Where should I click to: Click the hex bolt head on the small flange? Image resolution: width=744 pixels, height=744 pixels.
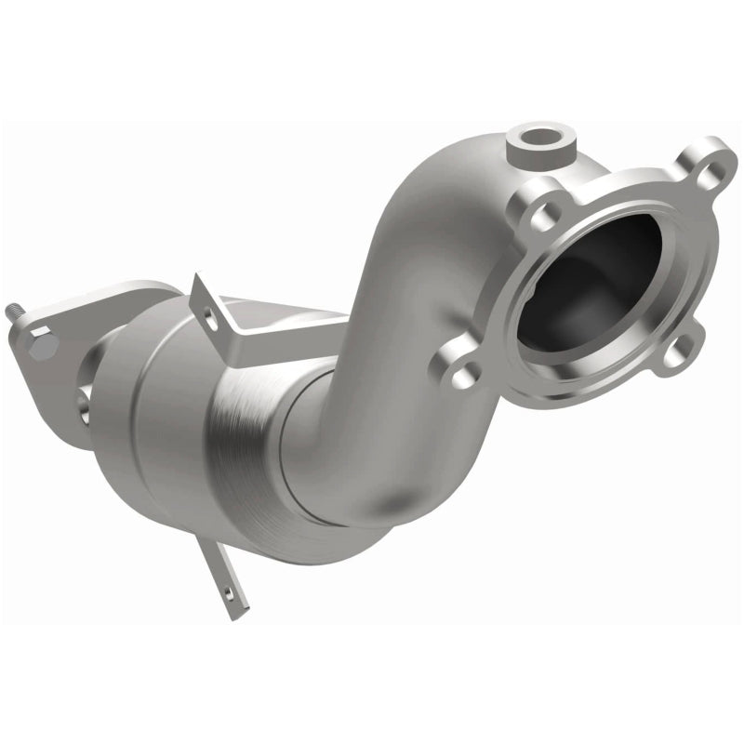42,346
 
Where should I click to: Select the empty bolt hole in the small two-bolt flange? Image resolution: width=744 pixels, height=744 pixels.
85,401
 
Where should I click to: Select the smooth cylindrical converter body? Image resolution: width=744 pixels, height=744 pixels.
158,409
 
